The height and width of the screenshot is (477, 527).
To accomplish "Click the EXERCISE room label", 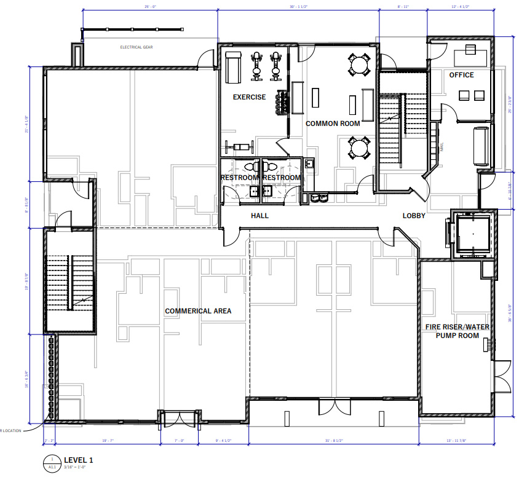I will pos(249,97).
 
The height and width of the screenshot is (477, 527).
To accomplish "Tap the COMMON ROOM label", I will pos(333,124).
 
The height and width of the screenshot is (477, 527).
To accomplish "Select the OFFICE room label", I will pos(461,75).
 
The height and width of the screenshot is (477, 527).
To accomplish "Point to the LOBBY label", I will pos(414,216).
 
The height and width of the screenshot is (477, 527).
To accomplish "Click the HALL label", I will pos(260,216).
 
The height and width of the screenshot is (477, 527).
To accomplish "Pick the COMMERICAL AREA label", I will pos(198,311).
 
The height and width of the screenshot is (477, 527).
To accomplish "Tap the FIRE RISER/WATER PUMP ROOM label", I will pos(458,331).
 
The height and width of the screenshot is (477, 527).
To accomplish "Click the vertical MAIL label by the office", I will pos(442,147).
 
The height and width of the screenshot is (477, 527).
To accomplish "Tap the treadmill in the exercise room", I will pos(233,67).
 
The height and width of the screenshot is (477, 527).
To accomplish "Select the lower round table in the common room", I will pos(359,148).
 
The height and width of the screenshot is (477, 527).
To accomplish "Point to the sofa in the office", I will pos(480,146).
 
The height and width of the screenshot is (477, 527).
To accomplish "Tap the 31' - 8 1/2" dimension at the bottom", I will pos(332,441).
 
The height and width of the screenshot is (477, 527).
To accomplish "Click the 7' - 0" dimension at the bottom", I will pos(179,441).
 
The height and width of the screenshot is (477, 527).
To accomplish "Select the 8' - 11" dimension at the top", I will pos(403,6).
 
